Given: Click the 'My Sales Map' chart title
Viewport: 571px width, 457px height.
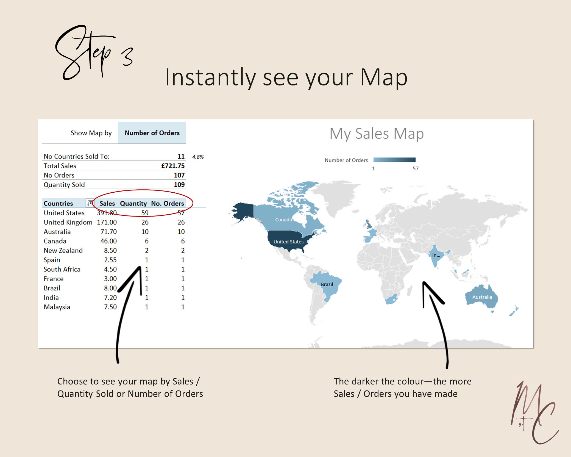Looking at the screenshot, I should (377, 134).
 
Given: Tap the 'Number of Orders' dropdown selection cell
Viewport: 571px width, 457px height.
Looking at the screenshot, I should (152, 133).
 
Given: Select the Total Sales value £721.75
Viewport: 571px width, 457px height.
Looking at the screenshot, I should (173, 166).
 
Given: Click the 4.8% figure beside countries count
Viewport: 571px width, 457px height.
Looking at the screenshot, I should (198, 157).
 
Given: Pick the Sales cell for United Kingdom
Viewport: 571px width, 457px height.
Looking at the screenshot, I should (107, 222).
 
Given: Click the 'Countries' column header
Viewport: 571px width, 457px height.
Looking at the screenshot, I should (58, 204).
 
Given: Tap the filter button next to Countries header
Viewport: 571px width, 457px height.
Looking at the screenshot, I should (90, 203).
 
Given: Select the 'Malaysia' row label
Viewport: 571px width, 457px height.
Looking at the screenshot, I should (57, 307).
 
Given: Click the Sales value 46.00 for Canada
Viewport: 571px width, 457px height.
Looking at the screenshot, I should (108, 241).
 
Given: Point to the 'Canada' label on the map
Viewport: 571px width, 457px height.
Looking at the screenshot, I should (283, 220).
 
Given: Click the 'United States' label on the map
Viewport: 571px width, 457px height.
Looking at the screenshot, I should (288, 242).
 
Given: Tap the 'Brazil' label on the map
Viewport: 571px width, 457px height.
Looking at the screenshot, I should (327, 284).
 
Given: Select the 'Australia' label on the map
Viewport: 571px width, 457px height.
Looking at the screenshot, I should (482, 297).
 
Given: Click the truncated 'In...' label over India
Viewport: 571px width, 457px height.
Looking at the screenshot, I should (436, 255).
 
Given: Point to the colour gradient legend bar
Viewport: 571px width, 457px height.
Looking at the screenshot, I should (394, 160).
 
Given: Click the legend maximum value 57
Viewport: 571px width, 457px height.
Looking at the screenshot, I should (416, 168).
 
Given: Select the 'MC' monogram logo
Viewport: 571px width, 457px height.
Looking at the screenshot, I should (534, 412).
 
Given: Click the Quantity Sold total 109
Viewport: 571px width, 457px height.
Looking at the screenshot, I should (179, 185).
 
